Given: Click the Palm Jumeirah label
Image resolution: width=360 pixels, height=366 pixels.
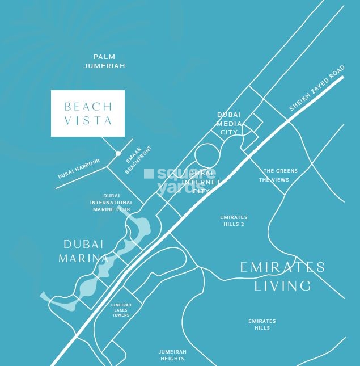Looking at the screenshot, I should [104, 61].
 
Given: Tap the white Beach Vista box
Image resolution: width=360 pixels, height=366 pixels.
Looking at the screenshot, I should [88, 113].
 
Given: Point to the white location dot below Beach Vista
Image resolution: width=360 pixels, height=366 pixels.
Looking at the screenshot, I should [118, 153].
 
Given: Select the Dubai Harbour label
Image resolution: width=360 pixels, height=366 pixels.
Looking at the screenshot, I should [79, 169].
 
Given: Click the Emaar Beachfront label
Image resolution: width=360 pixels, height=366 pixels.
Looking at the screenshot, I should [135, 161].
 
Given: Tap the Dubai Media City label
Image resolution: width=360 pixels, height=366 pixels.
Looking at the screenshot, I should [229, 124].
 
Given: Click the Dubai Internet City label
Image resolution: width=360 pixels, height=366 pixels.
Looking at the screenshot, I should [202, 182].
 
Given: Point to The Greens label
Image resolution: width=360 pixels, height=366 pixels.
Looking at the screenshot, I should [280, 171].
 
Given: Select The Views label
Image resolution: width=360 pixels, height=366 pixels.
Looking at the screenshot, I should [274, 180].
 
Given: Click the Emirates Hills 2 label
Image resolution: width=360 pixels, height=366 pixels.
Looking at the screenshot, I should [234, 221].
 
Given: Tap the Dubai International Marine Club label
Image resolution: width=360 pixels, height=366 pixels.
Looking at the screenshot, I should [112, 203].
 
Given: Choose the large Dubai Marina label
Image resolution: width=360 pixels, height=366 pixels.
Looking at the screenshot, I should [84, 251].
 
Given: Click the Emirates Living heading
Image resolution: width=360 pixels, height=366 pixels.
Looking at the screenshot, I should [282, 276].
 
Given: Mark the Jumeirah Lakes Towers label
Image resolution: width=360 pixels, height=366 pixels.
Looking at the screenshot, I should [121, 310].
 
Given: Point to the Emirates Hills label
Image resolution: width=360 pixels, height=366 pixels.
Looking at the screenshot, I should [262, 325].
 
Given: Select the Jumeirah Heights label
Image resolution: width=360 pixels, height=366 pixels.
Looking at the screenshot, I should [172, 355].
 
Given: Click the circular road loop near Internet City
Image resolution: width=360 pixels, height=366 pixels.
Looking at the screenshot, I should [206, 155].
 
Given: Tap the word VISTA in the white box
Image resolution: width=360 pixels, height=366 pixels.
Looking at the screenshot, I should [88, 120].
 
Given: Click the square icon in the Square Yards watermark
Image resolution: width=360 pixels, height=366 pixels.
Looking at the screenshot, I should [149, 174].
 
